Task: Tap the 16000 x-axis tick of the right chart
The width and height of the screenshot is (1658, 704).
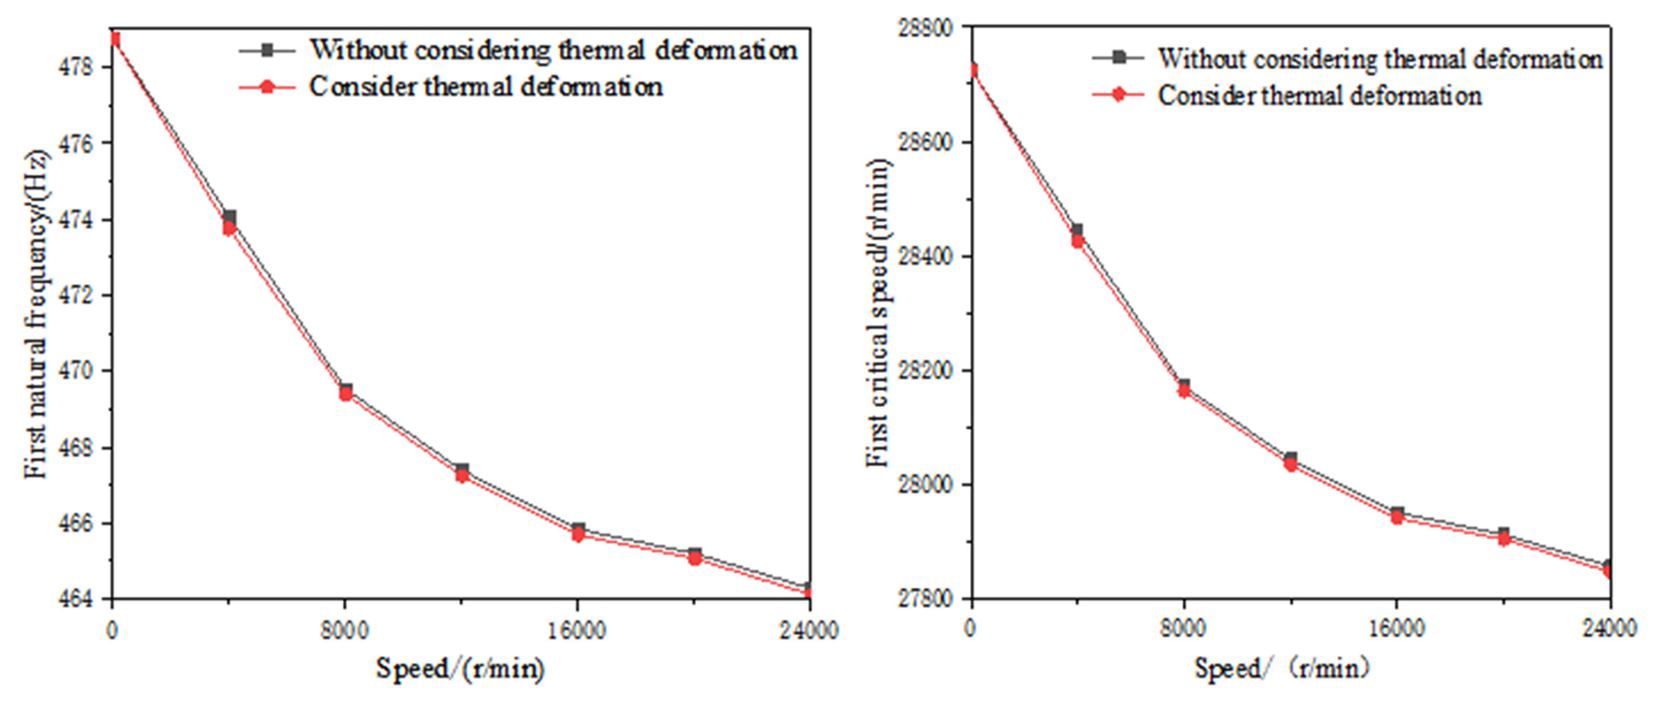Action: (x=1396, y=629)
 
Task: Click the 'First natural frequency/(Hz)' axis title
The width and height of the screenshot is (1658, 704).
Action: (x=37, y=316)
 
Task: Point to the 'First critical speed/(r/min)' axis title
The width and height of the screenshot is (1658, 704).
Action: (x=879, y=313)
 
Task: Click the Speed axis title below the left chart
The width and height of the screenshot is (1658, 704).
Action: (x=460, y=669)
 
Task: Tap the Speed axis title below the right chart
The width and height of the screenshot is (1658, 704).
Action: (x=1281, y=669)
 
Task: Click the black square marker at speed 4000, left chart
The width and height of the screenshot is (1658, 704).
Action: (x=230, y=217)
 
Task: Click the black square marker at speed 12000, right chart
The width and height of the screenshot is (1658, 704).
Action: (x=1290, y=459)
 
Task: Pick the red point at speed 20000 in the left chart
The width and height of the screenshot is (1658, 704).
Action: (x=694, y=558)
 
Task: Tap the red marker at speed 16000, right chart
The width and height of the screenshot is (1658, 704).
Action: (x=1397, y=518)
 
